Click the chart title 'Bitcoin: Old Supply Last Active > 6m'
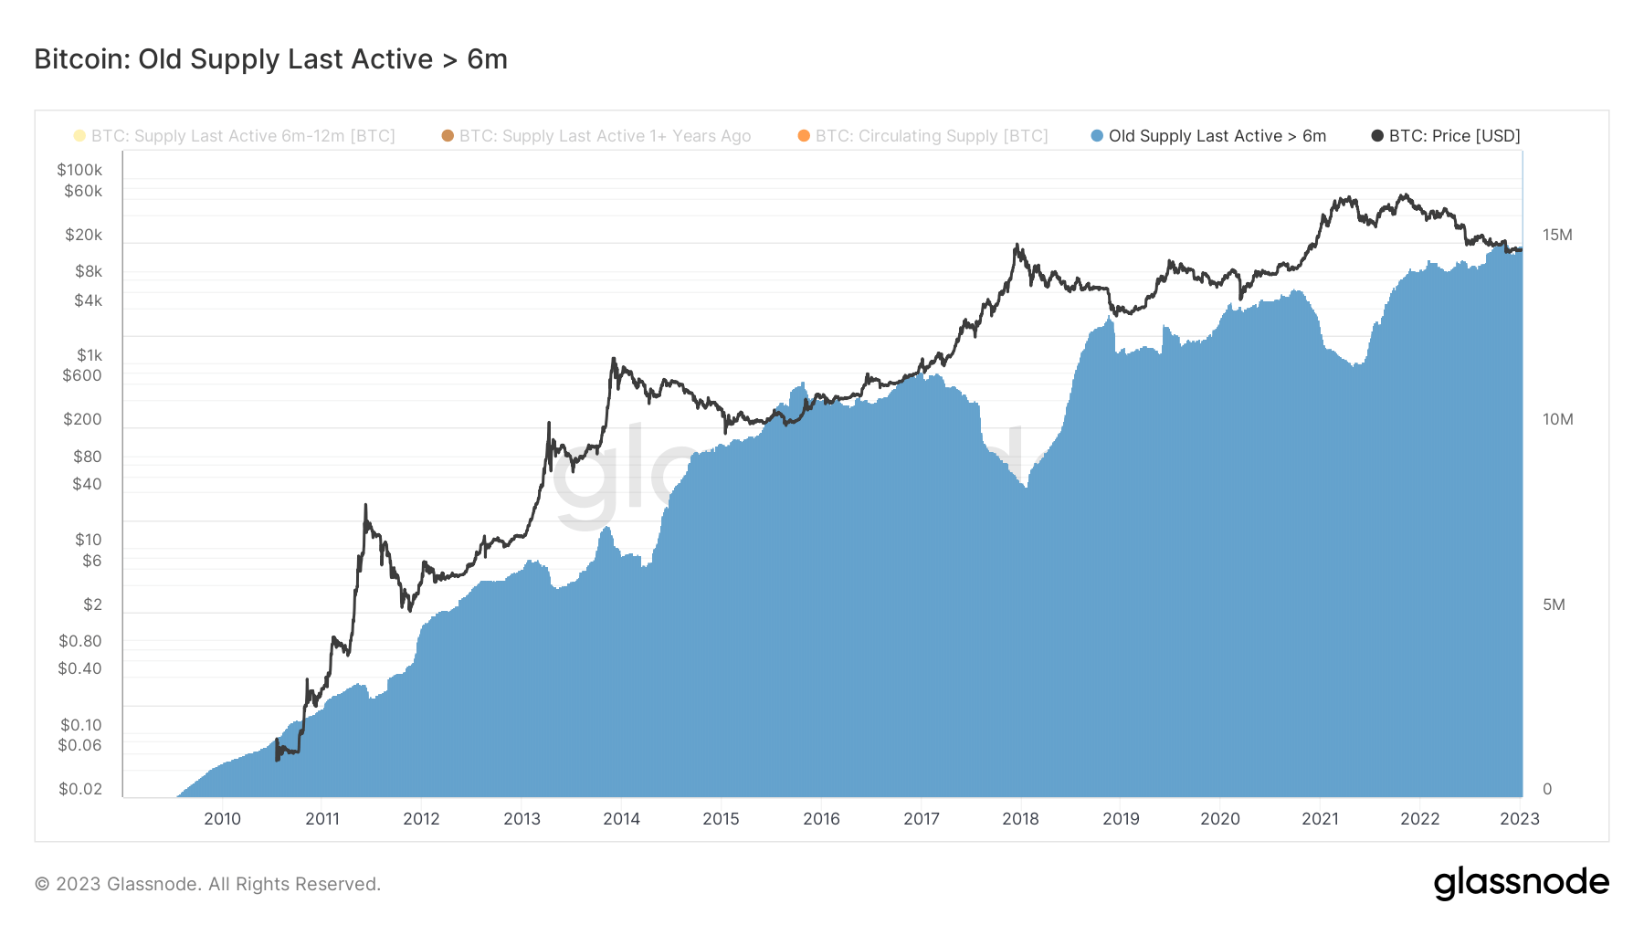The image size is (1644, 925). (270, 59)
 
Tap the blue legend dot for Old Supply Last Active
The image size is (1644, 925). (1097, 136)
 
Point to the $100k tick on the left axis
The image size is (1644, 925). (79, 170)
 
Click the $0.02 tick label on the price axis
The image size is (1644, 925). (80, 789)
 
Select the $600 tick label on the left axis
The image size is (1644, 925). (82, 375)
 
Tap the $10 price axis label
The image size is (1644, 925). (88, 540)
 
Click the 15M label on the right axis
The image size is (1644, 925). (1557, 235)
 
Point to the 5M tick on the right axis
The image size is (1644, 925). (1554, 604)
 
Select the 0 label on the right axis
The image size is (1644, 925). (1547, 789)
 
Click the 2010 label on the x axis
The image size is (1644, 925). (222, 819)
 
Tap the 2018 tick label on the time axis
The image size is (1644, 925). (1020, 819)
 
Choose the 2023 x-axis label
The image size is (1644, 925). (1519, 819)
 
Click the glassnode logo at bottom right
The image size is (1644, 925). (1521, 883)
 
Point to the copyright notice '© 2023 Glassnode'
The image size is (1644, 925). (207, 884)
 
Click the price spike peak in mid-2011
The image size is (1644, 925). (365, 505)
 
